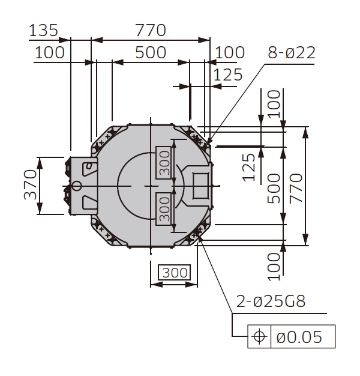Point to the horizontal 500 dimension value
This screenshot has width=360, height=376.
coord(150,52)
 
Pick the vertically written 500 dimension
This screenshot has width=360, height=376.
coord(274,189)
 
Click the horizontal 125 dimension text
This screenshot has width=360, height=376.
coord(228,74)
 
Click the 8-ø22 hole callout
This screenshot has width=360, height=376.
coord(291,52)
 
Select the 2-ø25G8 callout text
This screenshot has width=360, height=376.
coord(271,300)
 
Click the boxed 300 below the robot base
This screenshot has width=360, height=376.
coord(175,272)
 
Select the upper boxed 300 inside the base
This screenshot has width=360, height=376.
coord(164,162)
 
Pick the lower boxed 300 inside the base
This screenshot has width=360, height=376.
coord(164,208)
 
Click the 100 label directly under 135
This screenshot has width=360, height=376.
coord(49,52)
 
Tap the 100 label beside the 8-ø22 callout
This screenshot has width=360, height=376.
coord(230,52)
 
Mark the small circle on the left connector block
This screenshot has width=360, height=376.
coord(77,185)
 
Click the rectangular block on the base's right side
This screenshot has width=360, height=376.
coord(201,185)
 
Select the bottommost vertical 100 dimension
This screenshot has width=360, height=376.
coord(274,266)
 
